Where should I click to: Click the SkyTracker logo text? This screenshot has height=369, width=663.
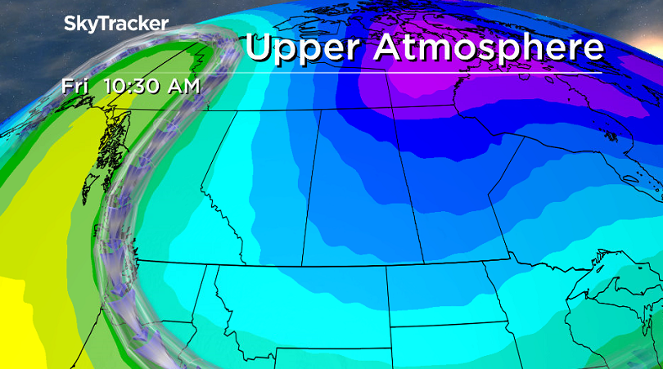pyautogui.click(x=115, y=25)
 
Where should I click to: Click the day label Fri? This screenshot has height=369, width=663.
pyautogui.click(x=74, y=85)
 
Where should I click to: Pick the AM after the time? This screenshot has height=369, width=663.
pyautogui.click(x=182, y=85)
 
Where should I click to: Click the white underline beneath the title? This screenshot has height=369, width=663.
pyautogui.click(x=426, y=72)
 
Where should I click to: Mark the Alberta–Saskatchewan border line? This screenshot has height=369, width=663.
pyautogui.click(x=310, y=188)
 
